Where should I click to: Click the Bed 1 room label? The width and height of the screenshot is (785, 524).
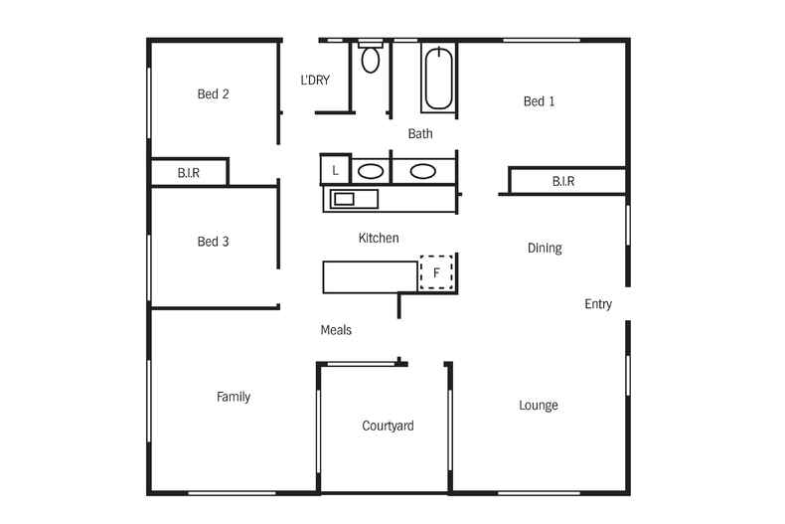point(539,100)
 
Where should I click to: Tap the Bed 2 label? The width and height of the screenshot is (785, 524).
point(213,94)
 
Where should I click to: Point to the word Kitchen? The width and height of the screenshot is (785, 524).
point(379,238)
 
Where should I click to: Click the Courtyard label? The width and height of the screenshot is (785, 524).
point(388,426)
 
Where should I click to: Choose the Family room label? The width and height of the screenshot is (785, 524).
point(234,397)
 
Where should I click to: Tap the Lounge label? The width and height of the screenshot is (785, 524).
point(539,405)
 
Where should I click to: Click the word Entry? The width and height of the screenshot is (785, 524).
point(598,304)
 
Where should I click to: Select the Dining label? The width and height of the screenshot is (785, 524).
point(545,248)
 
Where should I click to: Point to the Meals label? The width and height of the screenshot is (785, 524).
point(336,330)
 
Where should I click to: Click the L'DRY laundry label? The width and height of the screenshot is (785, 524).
point(315,81)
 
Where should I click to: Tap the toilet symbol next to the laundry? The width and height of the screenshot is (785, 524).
point(371,59)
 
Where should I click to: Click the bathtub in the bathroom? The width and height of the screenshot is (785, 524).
point(438,80)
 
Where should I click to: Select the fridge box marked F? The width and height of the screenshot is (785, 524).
point(436,271)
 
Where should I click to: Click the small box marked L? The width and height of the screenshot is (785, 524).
point(336,171)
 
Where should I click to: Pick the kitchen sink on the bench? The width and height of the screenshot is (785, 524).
point(344,199)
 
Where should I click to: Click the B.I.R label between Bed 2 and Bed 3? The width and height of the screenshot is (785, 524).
point(189,173)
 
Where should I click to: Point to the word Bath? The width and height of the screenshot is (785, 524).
point(420,133)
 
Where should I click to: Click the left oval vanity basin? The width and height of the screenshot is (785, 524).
point(371,171)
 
